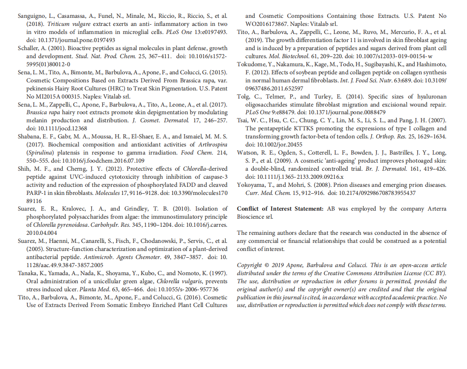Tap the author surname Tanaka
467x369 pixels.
click(x=28, y=273)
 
